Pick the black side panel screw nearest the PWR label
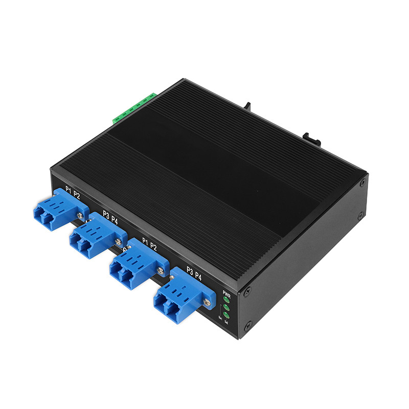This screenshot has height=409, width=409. point(247,292)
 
